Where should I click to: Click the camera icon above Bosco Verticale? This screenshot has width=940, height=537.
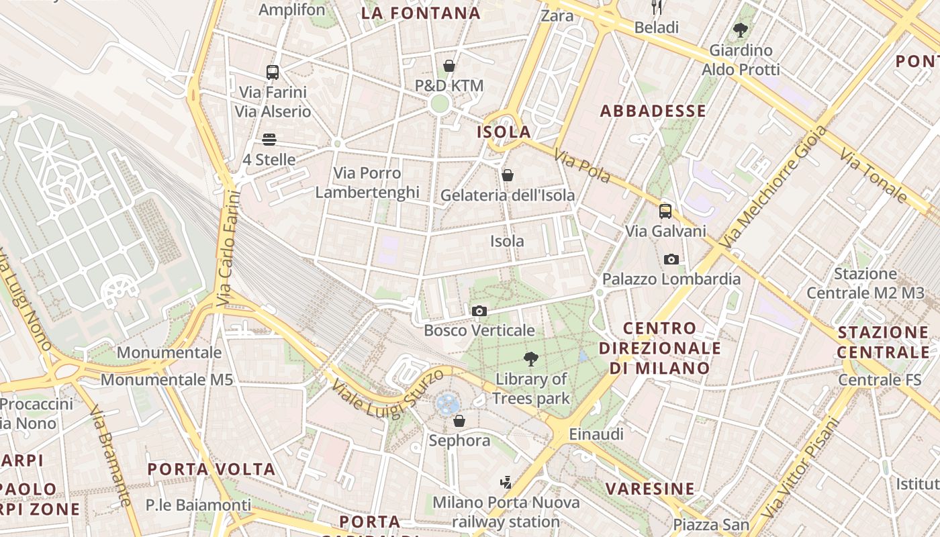pyautogui.click(x=479, y=311)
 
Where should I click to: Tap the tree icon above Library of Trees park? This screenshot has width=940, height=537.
pyautogui.click(x=531, y=359)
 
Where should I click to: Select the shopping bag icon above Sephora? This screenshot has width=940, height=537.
pyautogui.click(x=459, y=421)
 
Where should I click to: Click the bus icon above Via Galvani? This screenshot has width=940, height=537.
pyautogui.click(x=665, y=211)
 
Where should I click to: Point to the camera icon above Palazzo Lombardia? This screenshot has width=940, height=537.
pyautogui.click(x=671, y=259)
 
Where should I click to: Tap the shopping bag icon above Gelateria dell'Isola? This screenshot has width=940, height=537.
pyautogui.click(x=508, y=175)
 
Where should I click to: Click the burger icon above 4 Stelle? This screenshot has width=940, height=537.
pyautogui.click(x=269, y=140)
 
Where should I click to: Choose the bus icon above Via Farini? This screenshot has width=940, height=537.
pyautogui.click(x=272, y=72)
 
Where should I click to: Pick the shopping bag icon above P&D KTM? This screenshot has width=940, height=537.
pyautogui.click(x=449, y=66)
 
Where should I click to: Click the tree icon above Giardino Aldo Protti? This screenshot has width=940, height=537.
pyautogui.click(x=741, y=30)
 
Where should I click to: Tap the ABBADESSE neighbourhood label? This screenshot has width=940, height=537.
pyautogui.click(x=653, y=111)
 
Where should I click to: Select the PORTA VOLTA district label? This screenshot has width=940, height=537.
pyautogui.click(x=211, y=469)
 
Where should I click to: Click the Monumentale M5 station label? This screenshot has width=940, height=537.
pyautogui.click(x=167, y=380)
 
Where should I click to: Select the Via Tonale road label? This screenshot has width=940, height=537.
pyautogui.click(x=874, y=179)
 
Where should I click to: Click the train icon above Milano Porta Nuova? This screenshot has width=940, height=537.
pyautogui.click(x=506, y=483)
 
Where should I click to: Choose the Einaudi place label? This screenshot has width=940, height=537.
pyautogui.click(x=596, y=434)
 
